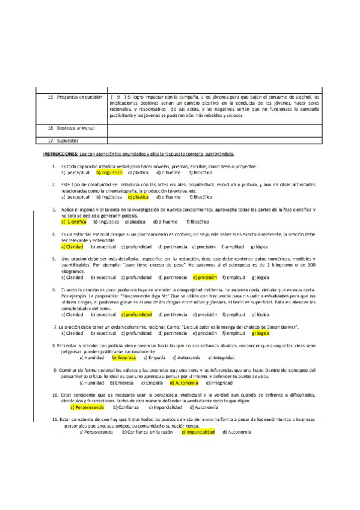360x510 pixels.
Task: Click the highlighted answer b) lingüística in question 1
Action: point(109,172)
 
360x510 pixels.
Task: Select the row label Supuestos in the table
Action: point(63,141)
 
